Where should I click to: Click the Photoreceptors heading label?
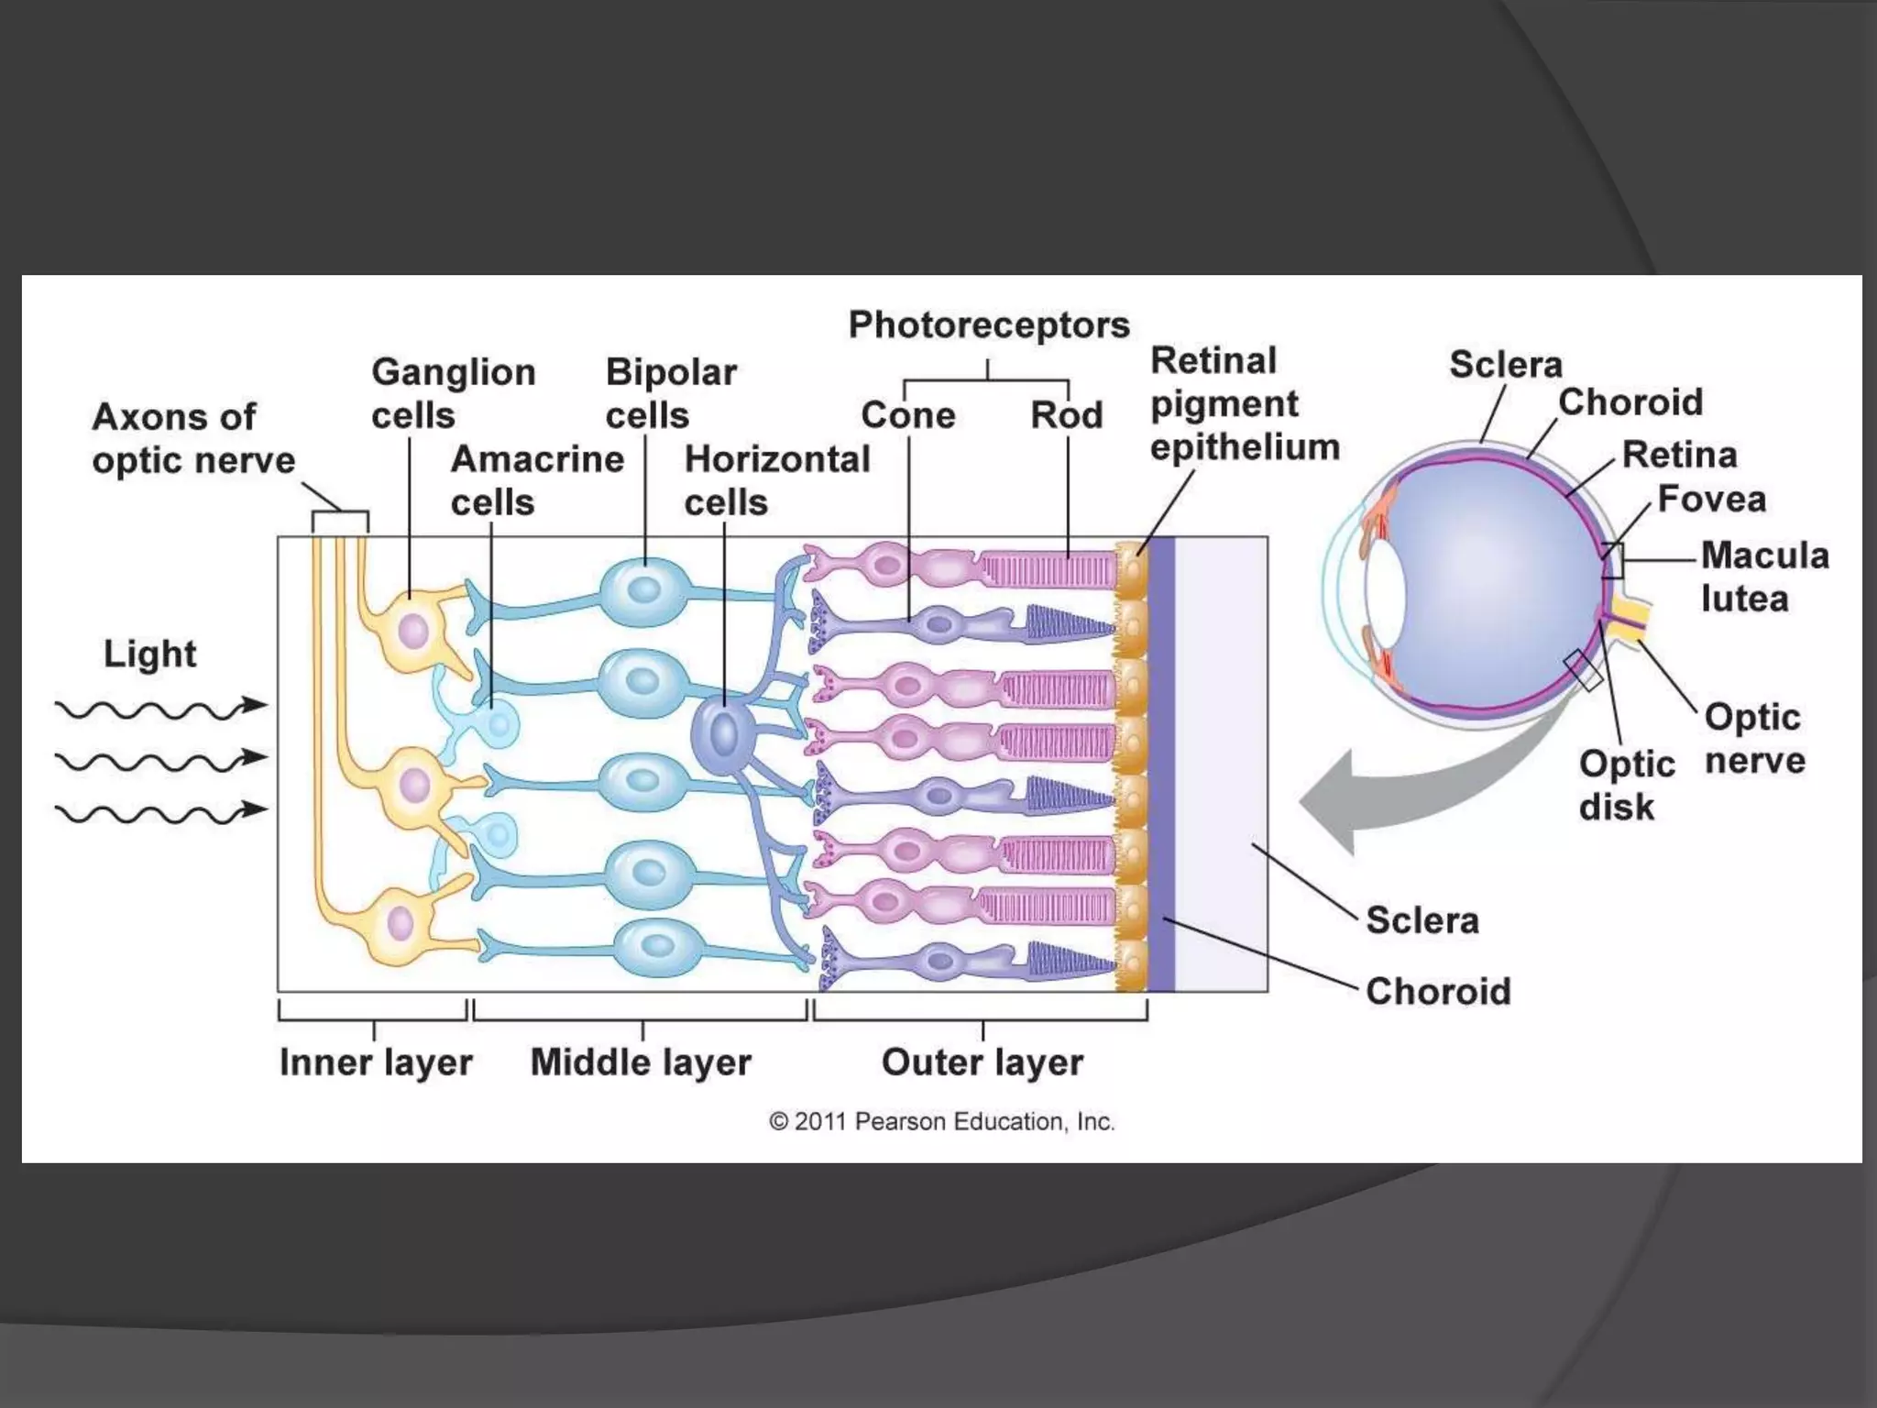click(x=988, y=325)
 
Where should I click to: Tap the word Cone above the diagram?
click(x=907, y=416)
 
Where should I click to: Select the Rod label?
click(x=1066, y=416)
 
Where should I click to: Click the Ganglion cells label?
click(x=453, y=394)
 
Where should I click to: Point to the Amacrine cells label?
click(x=536, y=480)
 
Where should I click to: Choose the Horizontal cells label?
click(x=776, y=480)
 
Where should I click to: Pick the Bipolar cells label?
click(x=670, y=394)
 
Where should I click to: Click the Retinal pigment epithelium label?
click(x=1243, y=404)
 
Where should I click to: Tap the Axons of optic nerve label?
click(x=192, y=438)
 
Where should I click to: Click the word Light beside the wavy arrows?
click(x=149, y=654)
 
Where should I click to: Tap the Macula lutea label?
click(x=1763, y=577)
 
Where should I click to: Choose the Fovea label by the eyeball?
click(x=1711, y=500)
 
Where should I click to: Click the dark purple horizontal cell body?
click(x=724, y=734)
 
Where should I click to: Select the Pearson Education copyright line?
click(x=941, y=1122)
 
